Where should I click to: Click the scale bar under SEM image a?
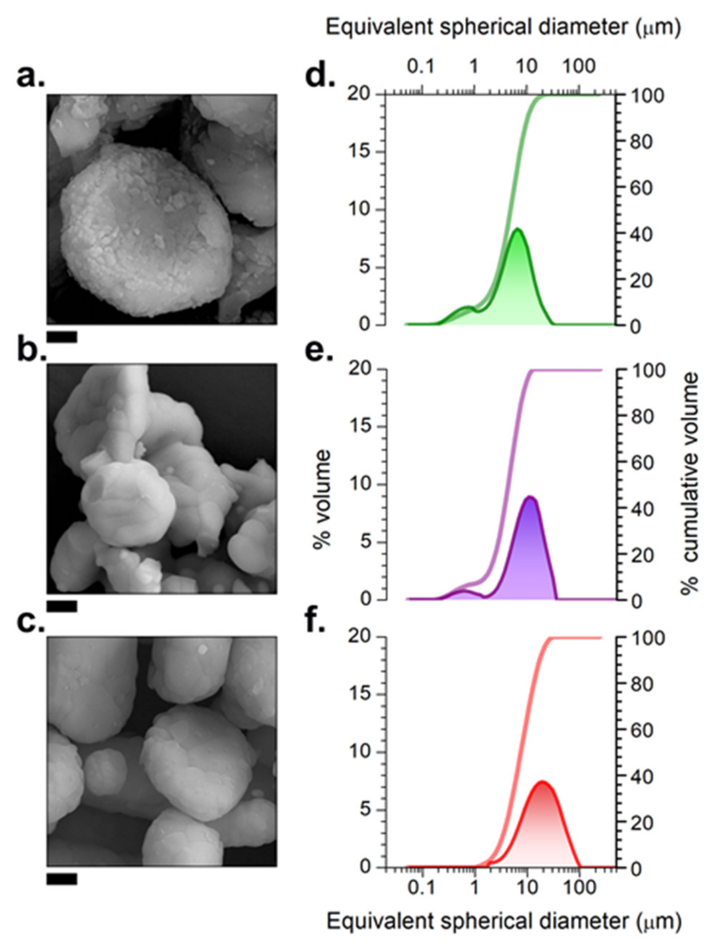pyautogui.click(x=62, y=337)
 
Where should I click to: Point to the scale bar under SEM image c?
pyautogui.click(x=62, y=879)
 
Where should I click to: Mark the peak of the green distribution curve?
pyautogui.click(x=517, y=229)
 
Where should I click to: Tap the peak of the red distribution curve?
pyautogui.click(x=542, y=782)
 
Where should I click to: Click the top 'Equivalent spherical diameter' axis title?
pyautogui.click(x=503, y=28)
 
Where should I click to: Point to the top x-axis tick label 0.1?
pyautogui.click(x=421, y=67)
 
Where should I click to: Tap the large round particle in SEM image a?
pyautogui.click(x=145, y=231)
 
